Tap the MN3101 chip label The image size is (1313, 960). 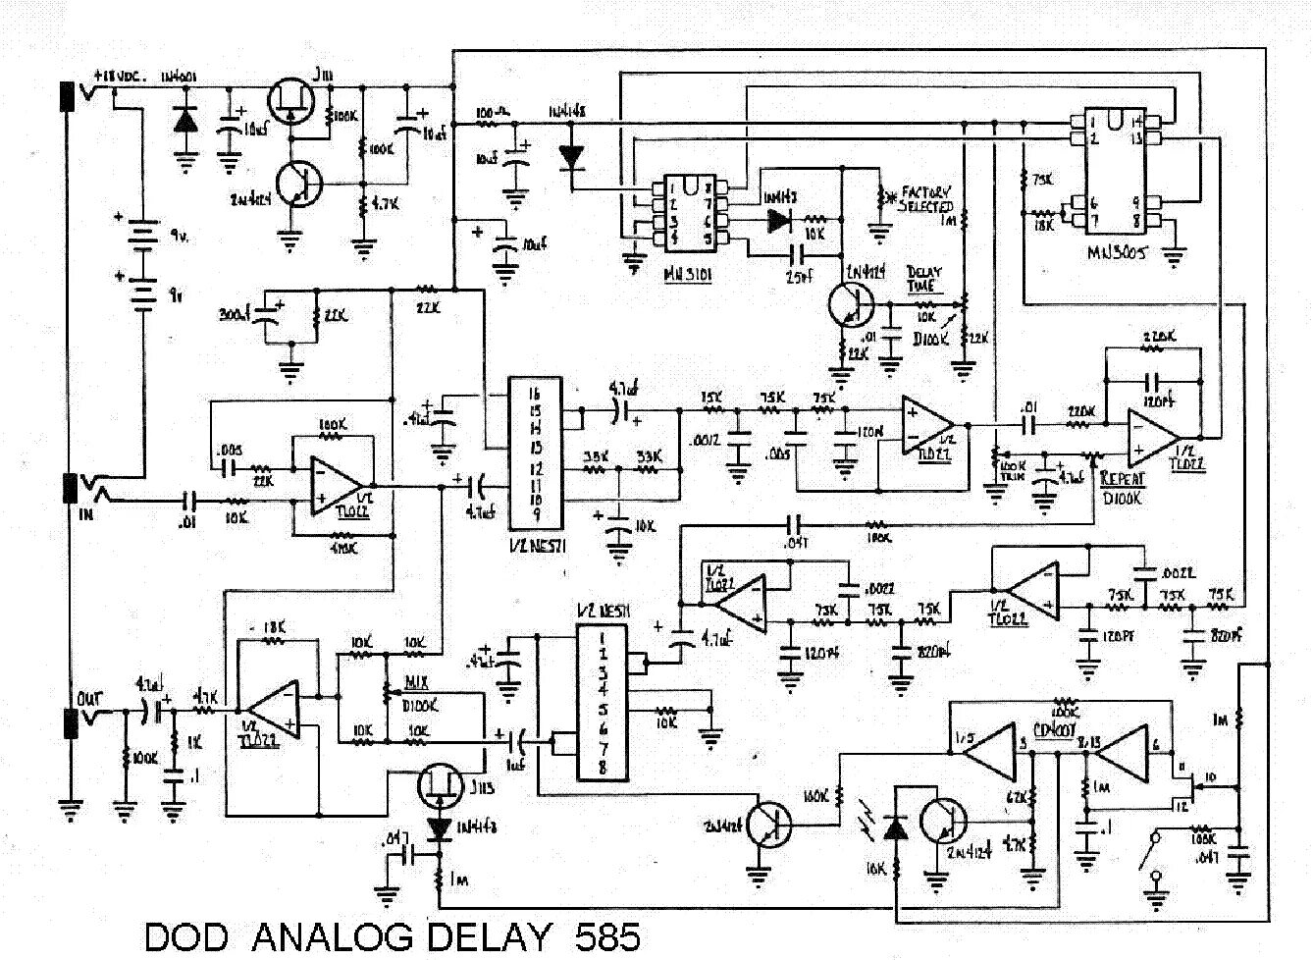pyautogui.click(x=688, y=277)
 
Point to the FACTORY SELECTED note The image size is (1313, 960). pyautogui.click(x=925, y=199)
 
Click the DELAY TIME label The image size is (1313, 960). pyautogui.click(x=921, y=279)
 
